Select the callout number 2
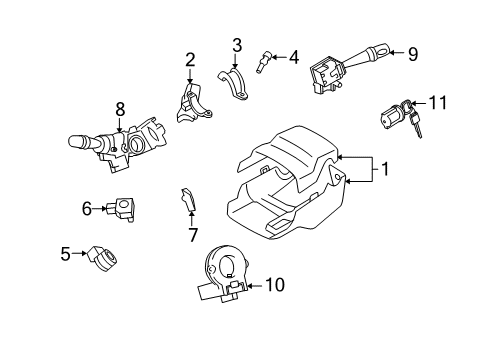189,60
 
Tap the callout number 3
236,44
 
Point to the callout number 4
293,57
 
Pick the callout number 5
65,254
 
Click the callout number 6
87,208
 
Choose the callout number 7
194,234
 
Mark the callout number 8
119,107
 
